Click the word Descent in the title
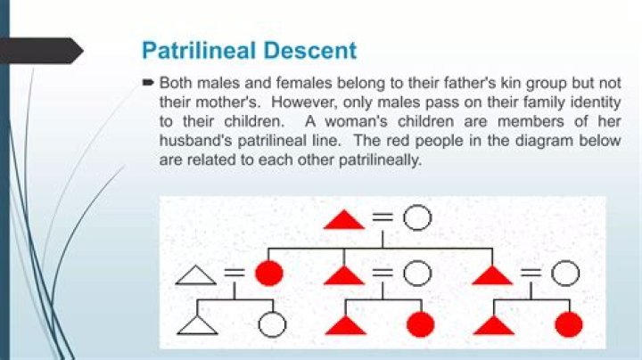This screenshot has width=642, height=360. point(310,50)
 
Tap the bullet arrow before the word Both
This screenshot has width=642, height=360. point(148,82)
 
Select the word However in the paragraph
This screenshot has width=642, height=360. point(304,102)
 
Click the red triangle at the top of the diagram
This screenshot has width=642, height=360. point(344,220)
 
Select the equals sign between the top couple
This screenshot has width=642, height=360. point(383,217)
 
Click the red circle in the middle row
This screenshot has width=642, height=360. point(269,273)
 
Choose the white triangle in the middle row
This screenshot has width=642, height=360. point(195,275)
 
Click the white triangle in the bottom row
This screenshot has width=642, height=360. point(197,325)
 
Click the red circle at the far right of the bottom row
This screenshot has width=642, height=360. point(569,324)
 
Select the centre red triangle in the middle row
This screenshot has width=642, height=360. point(344,275)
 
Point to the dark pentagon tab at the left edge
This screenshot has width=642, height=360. point(41,51)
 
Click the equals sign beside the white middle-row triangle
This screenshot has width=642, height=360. point(235,273)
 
